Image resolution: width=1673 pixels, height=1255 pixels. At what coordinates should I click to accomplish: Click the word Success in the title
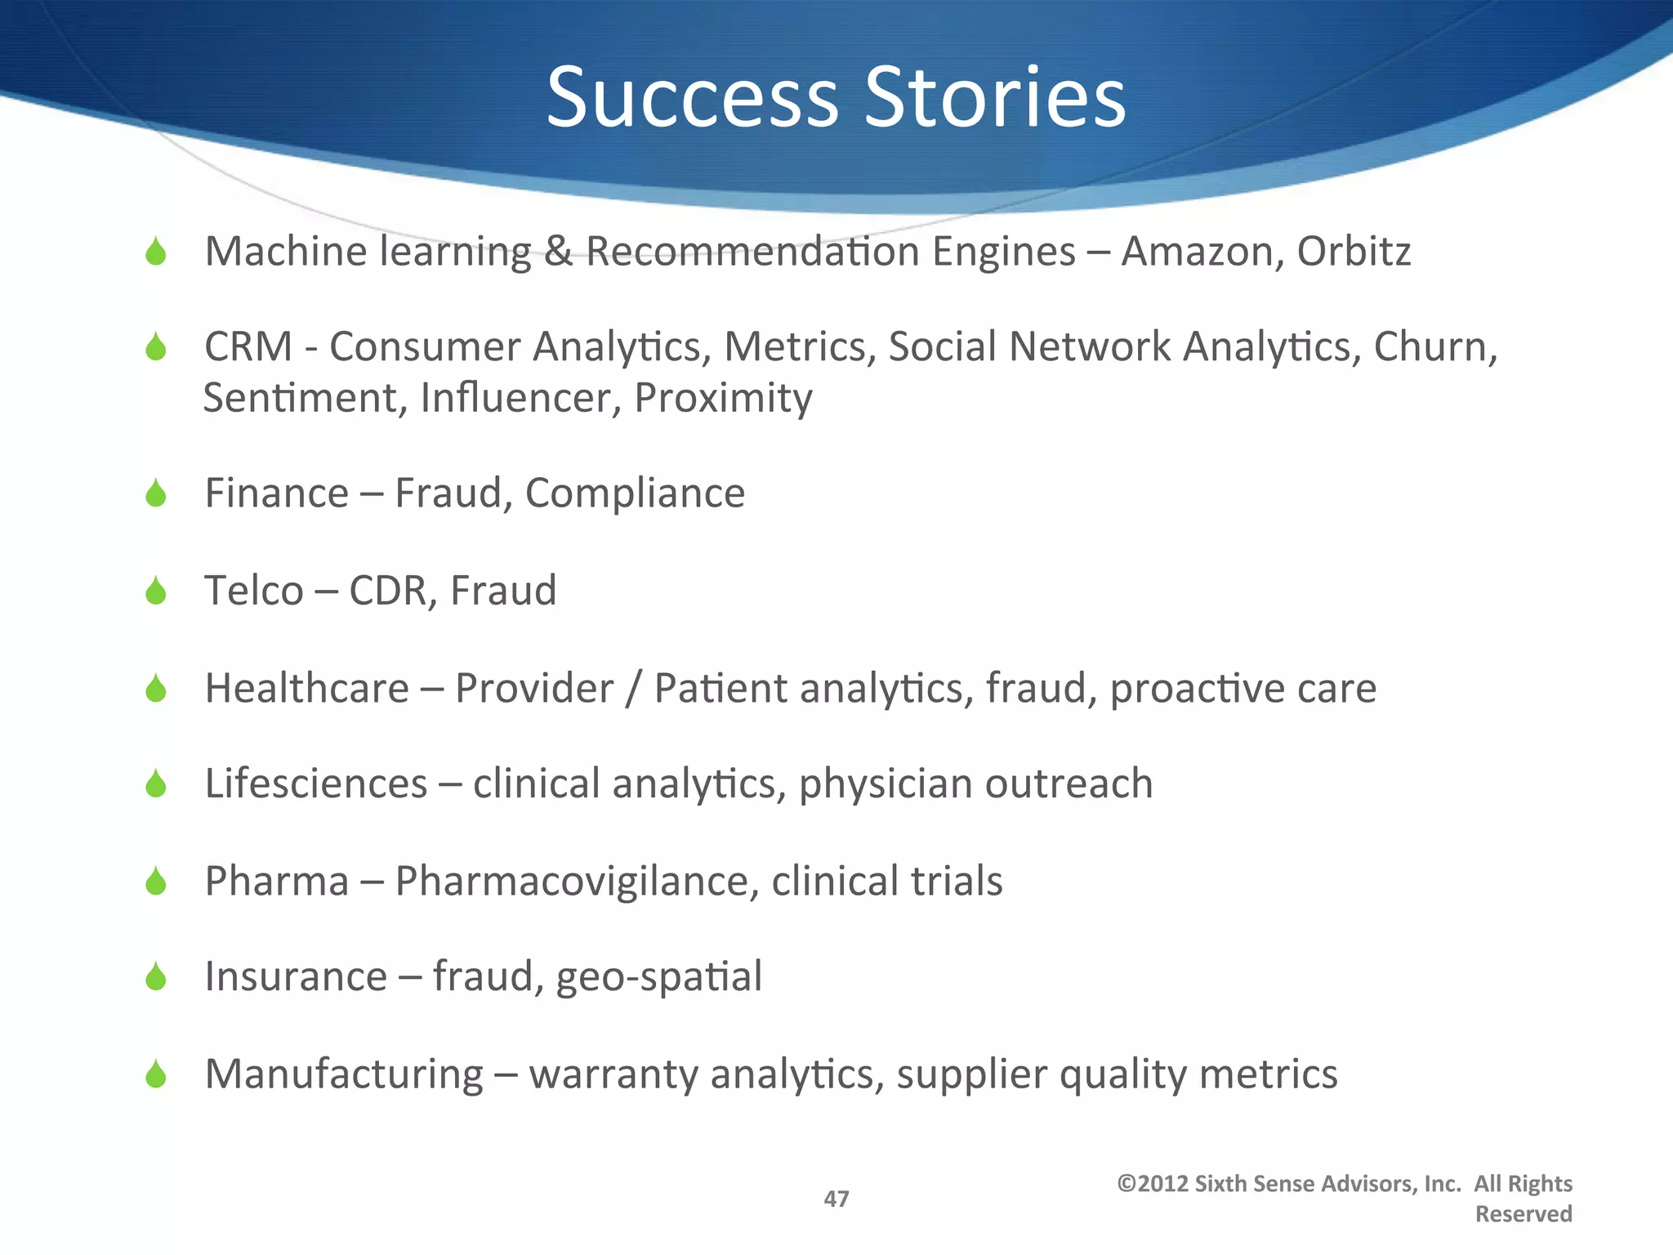[x=693, y=98]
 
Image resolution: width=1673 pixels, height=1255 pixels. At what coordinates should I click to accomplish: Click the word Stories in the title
[x=995, y=98]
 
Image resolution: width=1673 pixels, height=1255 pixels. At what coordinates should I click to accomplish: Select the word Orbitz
[x=1354, y=252]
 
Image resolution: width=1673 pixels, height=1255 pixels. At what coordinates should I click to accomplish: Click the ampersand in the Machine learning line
[x=558, y=252]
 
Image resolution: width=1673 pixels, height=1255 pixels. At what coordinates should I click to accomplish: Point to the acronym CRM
[x=248, y=347]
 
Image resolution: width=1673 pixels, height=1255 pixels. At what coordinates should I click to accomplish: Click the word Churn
[x=1434, y=347]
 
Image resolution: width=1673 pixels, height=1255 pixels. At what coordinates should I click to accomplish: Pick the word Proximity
[x=723, y=399]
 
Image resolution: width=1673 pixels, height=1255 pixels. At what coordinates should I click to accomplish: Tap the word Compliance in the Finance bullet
[x=635, y=494]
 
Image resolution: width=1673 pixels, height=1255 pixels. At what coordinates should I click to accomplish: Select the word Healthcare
[x=306, y=688]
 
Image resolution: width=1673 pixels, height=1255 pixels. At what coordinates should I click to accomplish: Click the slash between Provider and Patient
[x=633, y=688]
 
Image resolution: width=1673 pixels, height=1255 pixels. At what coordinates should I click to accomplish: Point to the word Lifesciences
[x=316, y=784]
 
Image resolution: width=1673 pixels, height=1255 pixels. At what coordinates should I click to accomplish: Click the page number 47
[x=836, y=1199]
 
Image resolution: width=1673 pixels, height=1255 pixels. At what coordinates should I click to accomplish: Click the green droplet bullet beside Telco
[x=155, y=591]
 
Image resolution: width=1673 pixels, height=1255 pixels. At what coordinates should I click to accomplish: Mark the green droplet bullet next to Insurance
[x=155, y=976]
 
